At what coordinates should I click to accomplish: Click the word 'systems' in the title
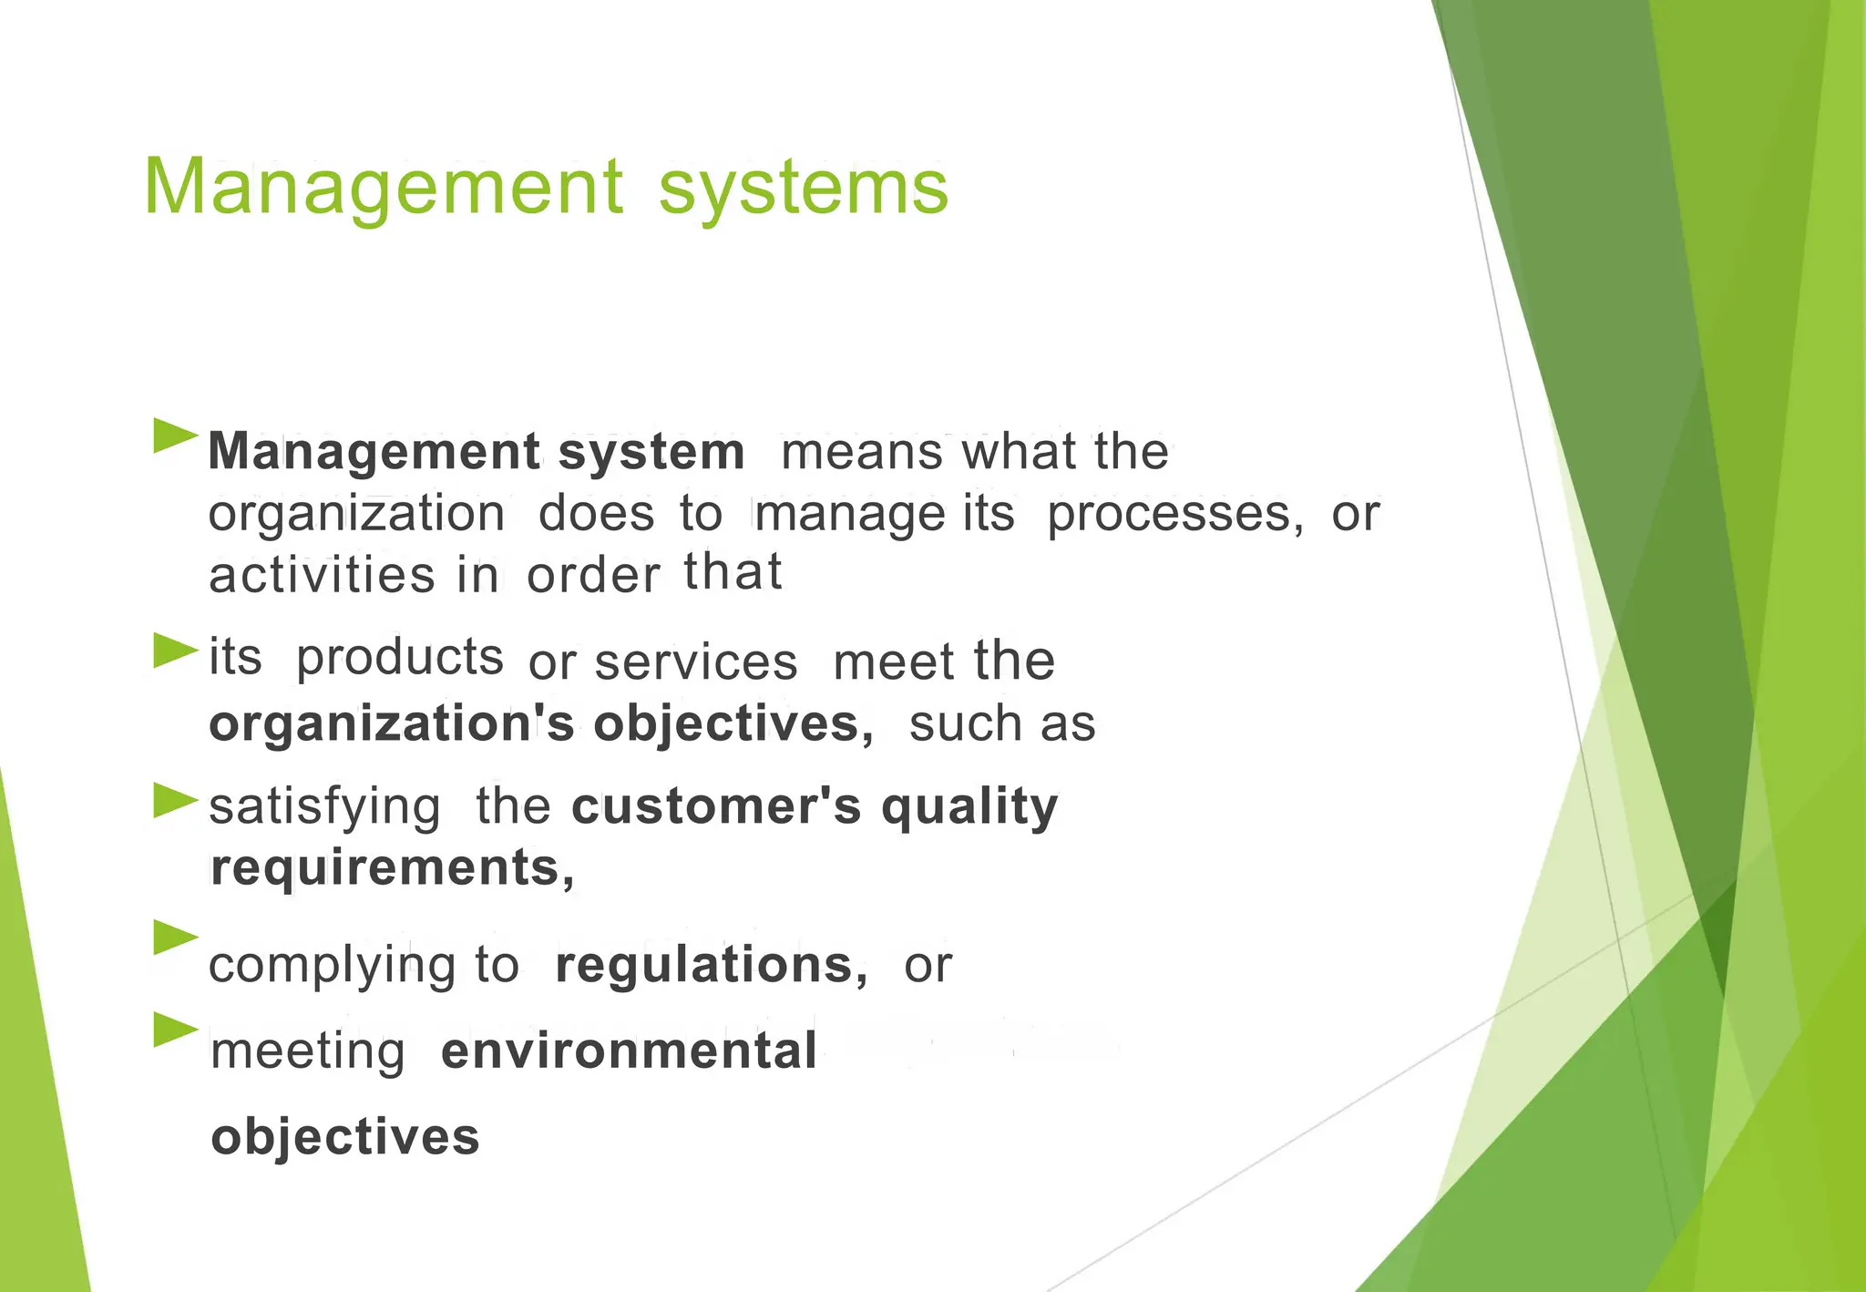point(803,189)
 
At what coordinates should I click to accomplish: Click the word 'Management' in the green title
point(383,189)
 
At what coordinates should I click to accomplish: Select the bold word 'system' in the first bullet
point(651,452)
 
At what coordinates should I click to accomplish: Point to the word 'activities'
point(323,576)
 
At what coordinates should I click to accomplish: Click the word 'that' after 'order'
point(733,572)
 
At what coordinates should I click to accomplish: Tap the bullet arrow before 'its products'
point(175,651)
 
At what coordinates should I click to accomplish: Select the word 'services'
point(696,662)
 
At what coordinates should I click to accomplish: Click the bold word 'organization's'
point(392,724)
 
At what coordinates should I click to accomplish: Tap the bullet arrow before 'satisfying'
point(175,801)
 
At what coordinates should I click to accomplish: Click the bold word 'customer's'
point(716,806)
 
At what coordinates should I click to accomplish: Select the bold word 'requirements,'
point(392,868)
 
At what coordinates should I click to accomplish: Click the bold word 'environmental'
point(629,1051)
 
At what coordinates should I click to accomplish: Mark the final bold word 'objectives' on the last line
point(344,1138)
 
